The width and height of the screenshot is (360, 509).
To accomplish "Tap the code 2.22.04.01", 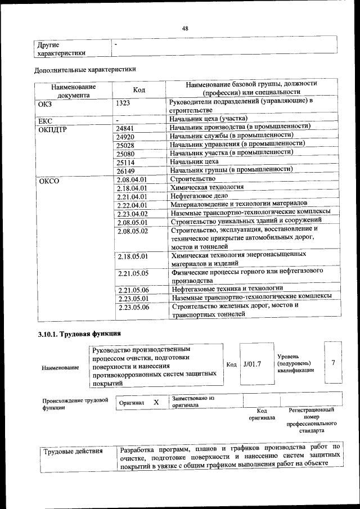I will (x=132, y=205).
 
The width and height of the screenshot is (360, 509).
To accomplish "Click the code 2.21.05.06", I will (x=133, y=290).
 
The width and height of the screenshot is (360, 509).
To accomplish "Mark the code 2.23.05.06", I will (x=133, y=308).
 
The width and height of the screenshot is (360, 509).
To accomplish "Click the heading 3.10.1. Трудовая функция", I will (x=79, y=334).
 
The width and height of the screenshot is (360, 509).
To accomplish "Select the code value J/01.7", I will (x=253, y=364).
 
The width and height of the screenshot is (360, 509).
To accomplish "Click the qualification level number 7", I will (x=333, y=363).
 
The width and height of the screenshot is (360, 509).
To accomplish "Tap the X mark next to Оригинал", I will (x=156, y=403).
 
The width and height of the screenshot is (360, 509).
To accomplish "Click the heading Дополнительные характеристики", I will (x=85, y=70).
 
